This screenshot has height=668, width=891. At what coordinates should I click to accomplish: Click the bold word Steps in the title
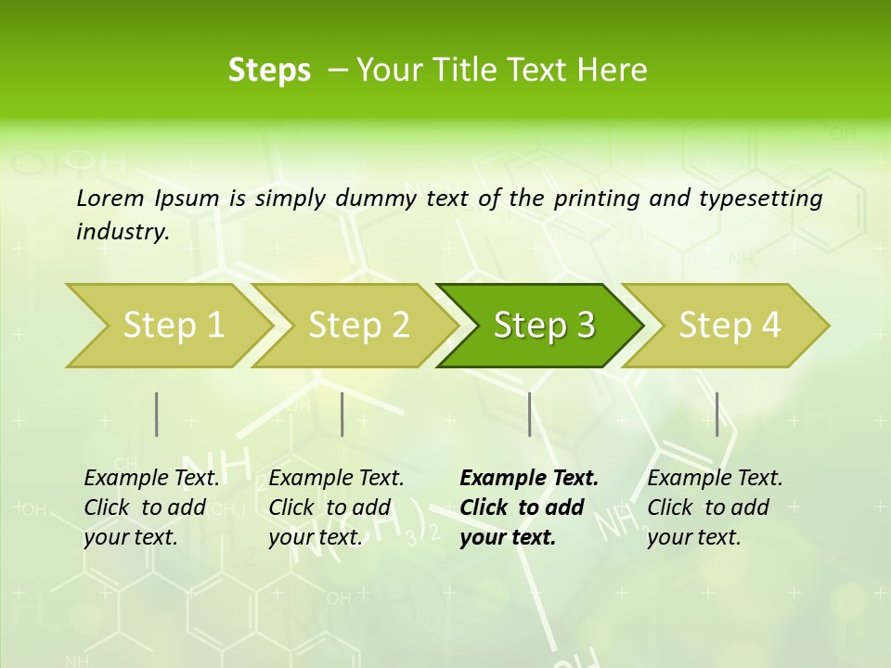pos(269,71)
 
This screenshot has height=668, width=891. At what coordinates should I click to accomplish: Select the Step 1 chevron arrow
pos(167,326)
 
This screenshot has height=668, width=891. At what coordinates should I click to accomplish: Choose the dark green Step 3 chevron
pos(543,326)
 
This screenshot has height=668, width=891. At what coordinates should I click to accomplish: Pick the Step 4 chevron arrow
pos(730,326)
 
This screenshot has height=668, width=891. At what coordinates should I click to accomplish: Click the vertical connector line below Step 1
pos(156,414)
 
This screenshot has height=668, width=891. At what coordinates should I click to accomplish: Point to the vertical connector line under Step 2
pos(342,414)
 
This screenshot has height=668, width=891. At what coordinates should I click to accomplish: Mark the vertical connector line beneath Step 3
pos(529,414)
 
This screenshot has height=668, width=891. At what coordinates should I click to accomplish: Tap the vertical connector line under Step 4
pos(717,414)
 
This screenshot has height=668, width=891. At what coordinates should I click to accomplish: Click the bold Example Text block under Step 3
pos(529,507)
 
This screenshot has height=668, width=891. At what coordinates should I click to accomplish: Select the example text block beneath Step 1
pos(151,507)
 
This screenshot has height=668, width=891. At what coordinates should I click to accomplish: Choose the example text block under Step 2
pos(336,507)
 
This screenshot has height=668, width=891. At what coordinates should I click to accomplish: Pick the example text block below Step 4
pos(715,507)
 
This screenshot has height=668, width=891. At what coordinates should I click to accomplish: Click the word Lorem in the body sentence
pos(110,198)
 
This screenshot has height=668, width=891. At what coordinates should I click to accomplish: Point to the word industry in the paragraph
pos(122,231)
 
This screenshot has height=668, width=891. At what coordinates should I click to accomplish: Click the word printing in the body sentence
pos(594,199)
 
